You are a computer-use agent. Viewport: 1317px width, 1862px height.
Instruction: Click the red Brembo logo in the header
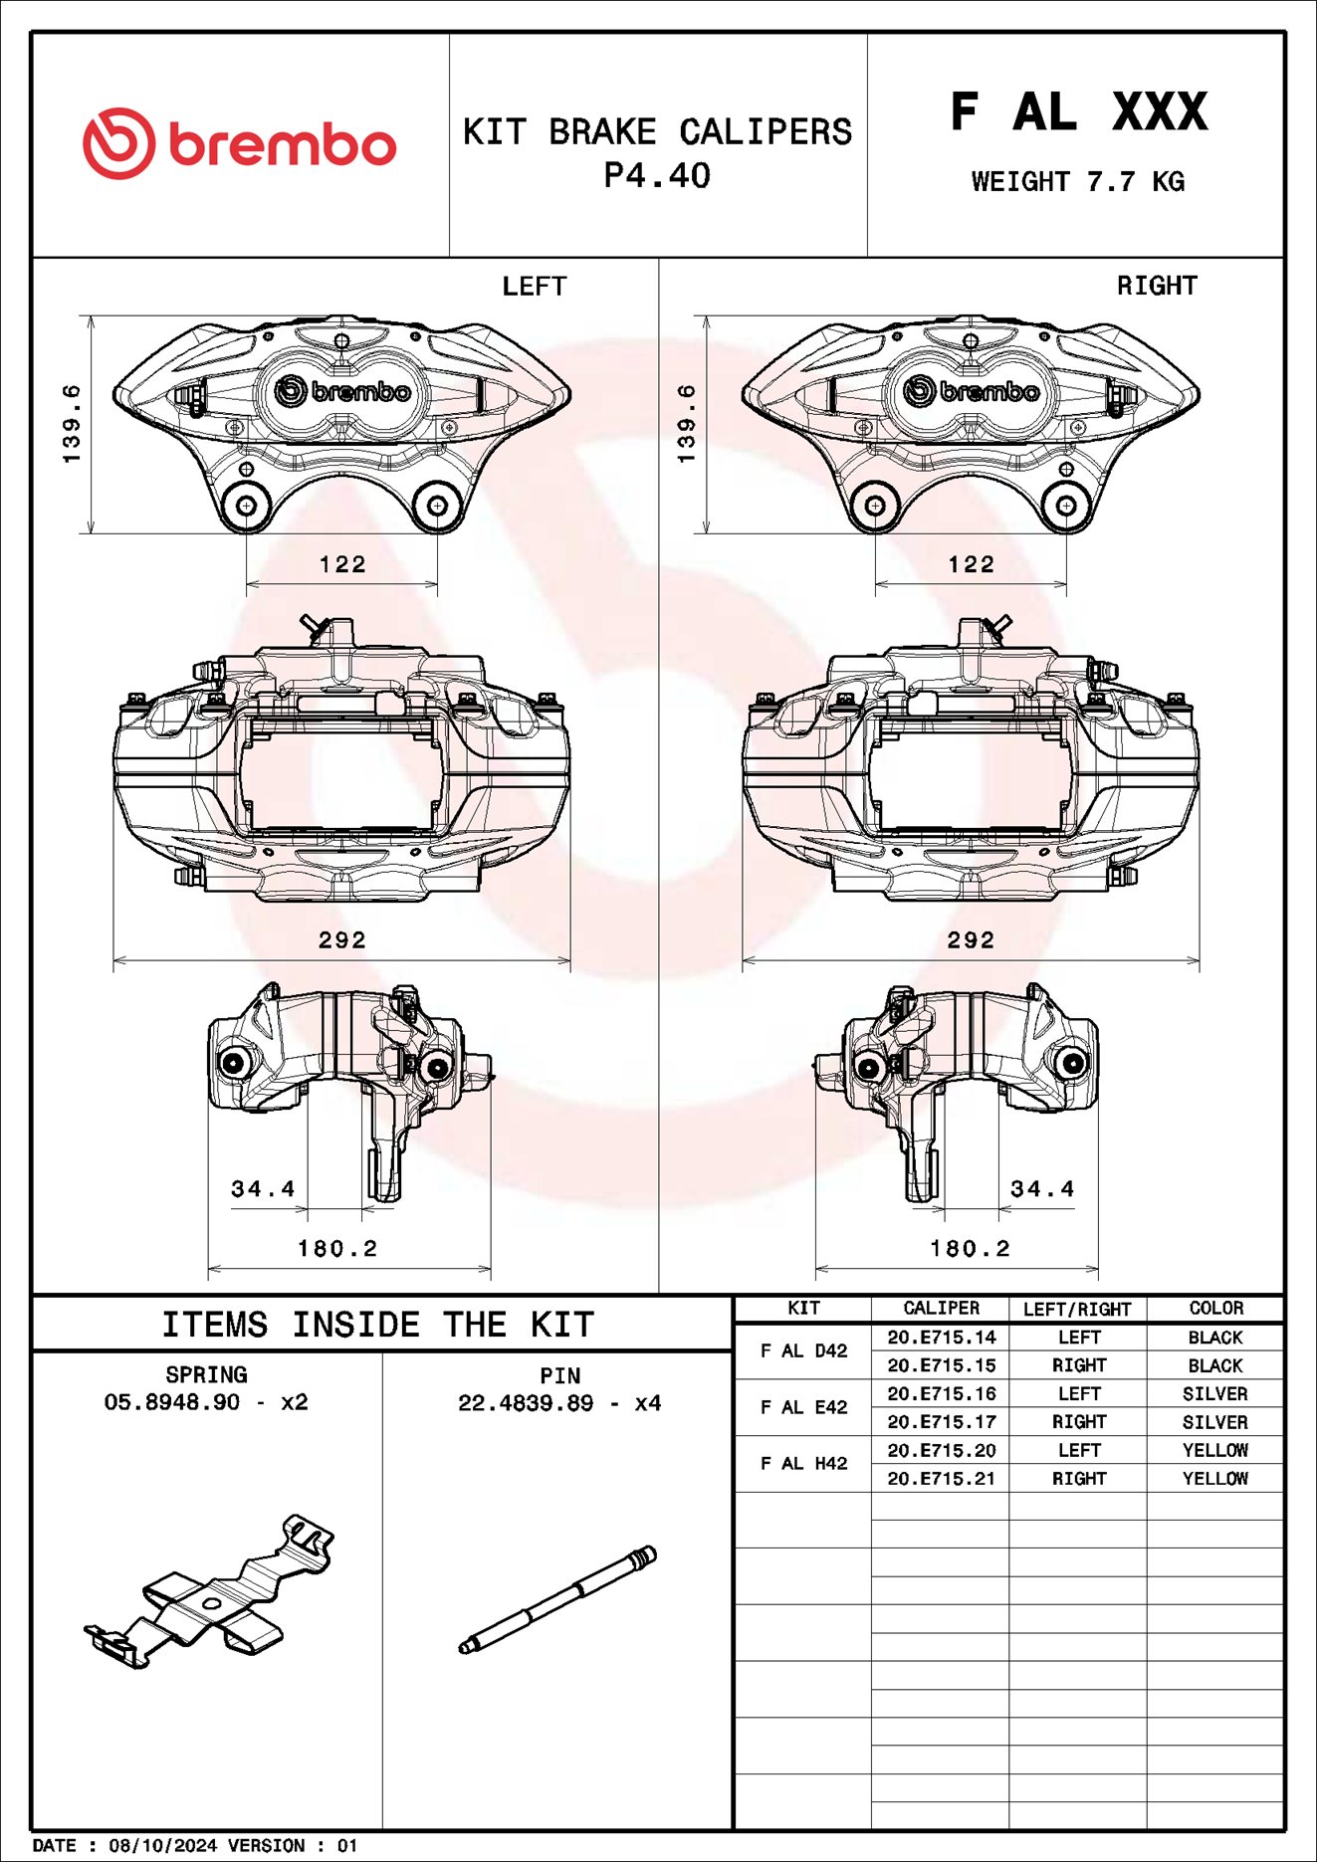(239, 144)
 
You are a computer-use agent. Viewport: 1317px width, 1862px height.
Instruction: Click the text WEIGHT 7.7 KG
(1077, 182)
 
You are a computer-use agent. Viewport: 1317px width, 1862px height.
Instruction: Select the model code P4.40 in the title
(657, 176)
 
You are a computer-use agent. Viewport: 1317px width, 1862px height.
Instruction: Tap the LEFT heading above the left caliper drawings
(534, 287)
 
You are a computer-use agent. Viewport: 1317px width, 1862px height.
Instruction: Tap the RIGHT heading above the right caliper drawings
(1156, 286)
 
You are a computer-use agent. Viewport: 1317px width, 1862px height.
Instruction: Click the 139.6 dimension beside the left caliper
(72, 424)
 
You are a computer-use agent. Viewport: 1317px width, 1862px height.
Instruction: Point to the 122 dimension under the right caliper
(971, 564)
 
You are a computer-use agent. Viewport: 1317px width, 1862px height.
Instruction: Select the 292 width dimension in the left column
(341, 939)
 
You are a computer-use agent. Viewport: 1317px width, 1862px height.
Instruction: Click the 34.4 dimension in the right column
(1042, 1188)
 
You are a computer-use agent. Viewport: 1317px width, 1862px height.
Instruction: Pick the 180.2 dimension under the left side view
(337, 1248)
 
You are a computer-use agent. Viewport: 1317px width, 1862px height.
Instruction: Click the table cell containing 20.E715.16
(941, 1393)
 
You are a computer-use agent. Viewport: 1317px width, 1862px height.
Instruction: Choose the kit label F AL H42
(803, 1463)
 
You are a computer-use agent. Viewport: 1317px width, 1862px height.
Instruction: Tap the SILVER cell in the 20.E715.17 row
(1214, 1422)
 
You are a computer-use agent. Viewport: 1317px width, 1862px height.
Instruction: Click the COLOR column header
(1215, 1308)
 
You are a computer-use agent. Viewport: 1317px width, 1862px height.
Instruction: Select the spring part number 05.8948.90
(171, 1402)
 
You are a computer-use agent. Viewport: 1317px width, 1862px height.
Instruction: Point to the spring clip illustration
(209, 1592)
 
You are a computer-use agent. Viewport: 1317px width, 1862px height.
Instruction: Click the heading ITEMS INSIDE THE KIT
(378, 1325)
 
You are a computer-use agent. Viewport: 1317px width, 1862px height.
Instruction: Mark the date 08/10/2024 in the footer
(162, 1845)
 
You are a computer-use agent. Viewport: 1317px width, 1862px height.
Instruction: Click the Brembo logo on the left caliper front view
(342, 391)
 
